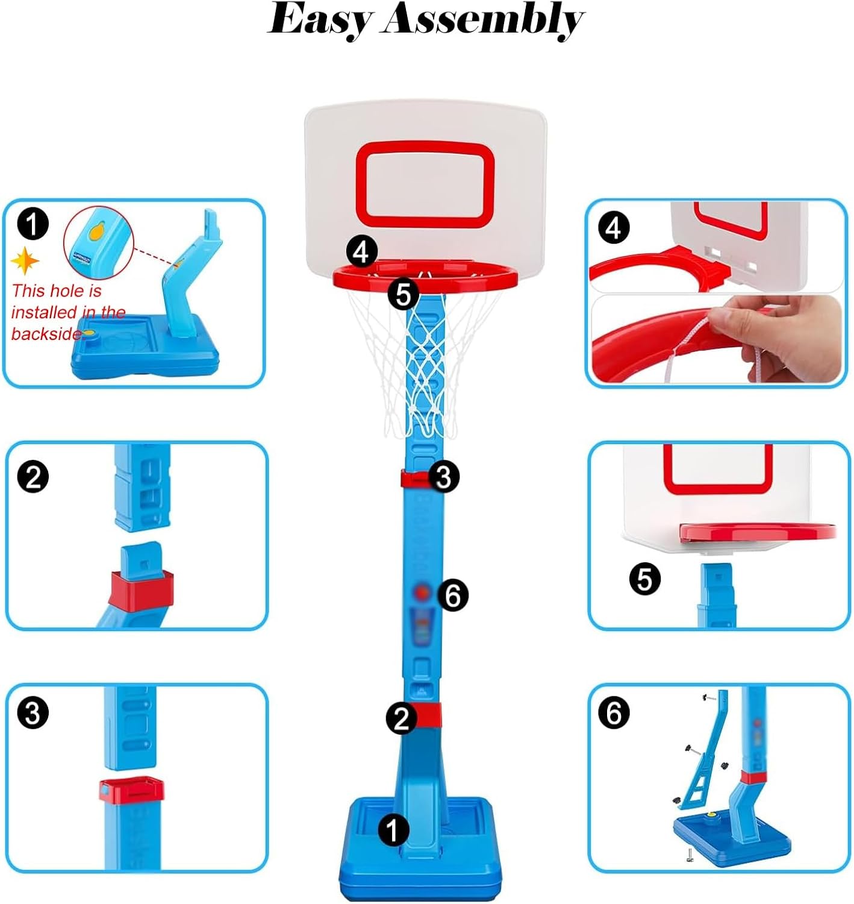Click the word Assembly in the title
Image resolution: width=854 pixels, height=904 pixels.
[x=482, y=20]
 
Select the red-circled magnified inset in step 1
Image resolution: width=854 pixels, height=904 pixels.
[x=98, y=241]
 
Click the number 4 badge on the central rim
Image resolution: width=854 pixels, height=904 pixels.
[x=362, y=253]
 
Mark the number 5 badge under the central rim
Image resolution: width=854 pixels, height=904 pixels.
[x=403, y=294]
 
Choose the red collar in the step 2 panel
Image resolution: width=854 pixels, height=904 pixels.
[x=141, y=591]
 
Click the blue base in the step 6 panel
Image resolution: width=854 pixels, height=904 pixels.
[x=731, y=840]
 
